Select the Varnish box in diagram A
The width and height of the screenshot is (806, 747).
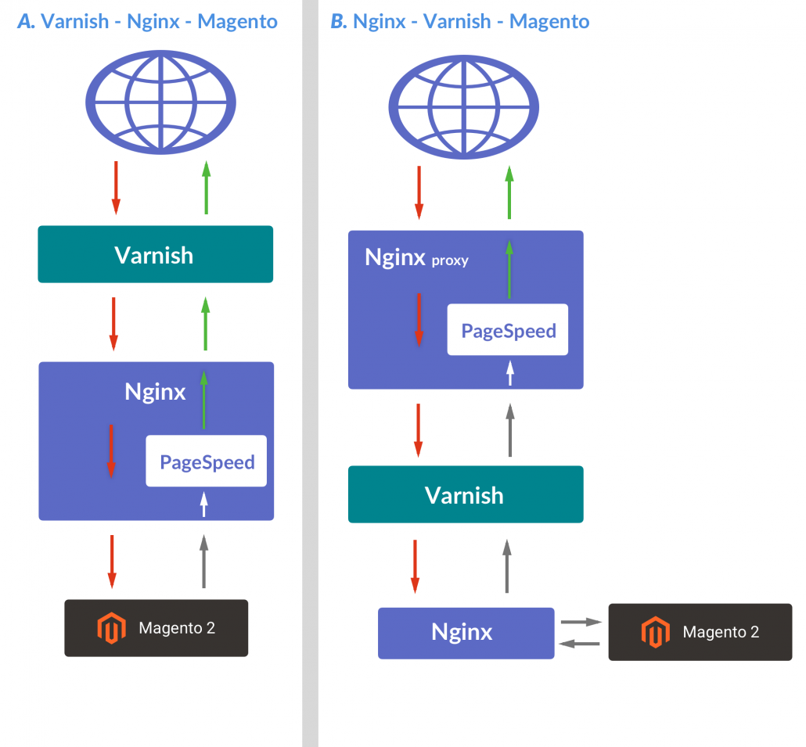[x=155, y=254]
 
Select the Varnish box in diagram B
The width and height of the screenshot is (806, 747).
[x=465, y=494]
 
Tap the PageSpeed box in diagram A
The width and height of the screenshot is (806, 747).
[x=207, y=461]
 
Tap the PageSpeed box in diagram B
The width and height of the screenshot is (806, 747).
[x=508, y=330]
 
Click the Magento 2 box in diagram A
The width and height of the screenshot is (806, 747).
[x=156, y=627]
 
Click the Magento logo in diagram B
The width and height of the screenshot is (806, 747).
[x=653, y=632]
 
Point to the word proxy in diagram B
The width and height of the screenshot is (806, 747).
[x=450, y=261]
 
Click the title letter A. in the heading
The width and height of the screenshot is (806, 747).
[x=27, y=21]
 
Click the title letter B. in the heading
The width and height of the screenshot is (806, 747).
[x=338, y=21]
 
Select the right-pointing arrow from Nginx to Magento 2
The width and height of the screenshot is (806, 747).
[x=581, y=622]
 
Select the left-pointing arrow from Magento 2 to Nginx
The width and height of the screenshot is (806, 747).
[x=581, y=644]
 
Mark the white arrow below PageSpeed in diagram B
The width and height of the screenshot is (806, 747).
[x=510, y=372]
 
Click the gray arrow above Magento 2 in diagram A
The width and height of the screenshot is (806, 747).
[x=204, y=561]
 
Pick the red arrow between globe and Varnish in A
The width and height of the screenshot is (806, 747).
[x=116, y=188]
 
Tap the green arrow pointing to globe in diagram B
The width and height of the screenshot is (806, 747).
[x=509, y=192]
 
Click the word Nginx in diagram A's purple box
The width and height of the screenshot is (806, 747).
[x=155, y=391]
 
